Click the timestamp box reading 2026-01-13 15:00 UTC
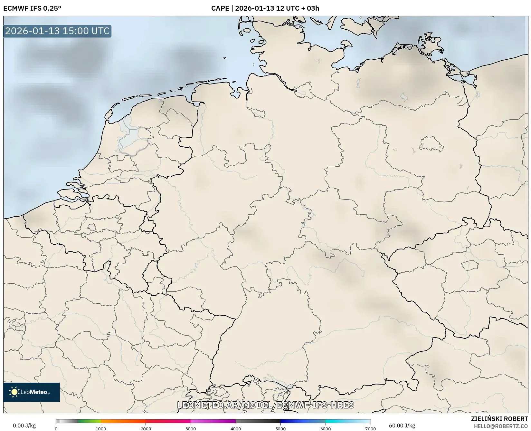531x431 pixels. [57, 31]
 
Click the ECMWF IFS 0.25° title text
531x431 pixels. [32, 8]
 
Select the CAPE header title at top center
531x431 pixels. [265, 8]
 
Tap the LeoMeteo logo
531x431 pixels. [32, 392]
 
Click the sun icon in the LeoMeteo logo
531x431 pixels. [14, 392]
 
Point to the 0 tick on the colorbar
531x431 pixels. [56, 429]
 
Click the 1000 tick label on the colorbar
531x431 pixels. [101, 429]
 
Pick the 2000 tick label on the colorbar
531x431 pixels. [146, 429]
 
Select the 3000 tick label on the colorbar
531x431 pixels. [191, 429]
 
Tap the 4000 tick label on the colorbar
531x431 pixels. [236, 429]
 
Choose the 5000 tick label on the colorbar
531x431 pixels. [280, 429]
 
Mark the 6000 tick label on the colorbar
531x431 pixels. [326, 429]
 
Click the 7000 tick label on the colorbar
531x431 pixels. [370, 429]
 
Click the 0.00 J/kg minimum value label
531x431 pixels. [24, 426]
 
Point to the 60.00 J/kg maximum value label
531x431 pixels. [402, 426]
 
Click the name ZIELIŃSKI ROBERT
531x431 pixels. [499, 419]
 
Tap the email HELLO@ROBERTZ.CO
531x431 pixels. [501, 426]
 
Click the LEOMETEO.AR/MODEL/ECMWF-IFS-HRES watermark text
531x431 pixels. [266, 405]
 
